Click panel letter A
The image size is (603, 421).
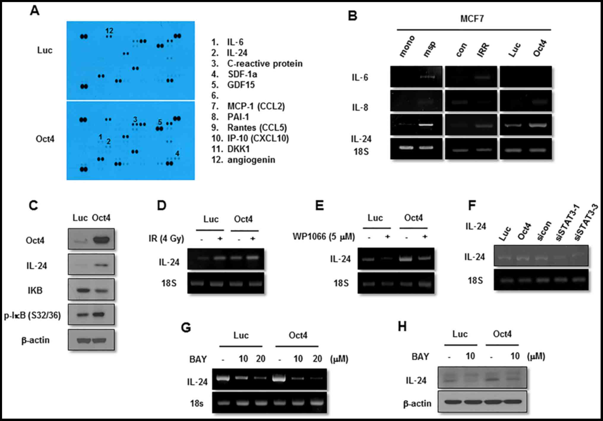coord(35,11)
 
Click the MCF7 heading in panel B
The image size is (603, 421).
coord(472,19)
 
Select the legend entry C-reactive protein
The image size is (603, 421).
coord(265,64)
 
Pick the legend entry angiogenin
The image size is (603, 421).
coord(251,160)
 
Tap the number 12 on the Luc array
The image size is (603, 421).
coord(109,31)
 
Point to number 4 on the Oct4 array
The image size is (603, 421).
coord(177,154)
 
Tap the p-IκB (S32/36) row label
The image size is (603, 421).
coord(32,315)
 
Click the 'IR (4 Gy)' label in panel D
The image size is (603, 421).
coord(166,238)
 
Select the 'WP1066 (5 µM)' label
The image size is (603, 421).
coord(324,237)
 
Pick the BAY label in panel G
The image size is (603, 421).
coord(198,359)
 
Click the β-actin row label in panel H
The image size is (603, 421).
coord(417,403)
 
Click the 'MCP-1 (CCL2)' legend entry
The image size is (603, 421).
coord(256,106)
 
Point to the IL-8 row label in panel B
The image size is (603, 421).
coord(360,107)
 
